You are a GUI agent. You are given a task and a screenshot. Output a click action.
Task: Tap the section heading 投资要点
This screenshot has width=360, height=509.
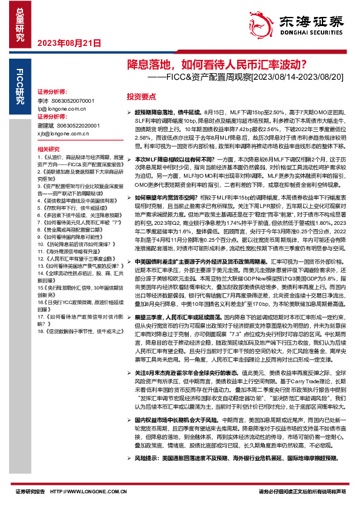click(141, 97)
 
